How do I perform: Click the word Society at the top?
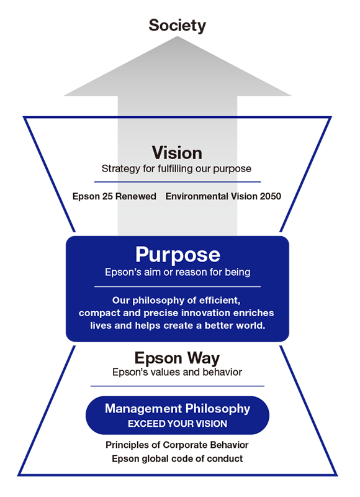pos(178,25)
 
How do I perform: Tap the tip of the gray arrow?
pos(178,37)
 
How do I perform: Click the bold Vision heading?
pos(177,153)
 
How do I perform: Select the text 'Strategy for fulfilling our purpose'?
pos(176,168)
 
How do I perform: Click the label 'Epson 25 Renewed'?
pos(114,196)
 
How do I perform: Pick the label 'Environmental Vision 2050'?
pos(223,196)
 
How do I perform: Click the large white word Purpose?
pos(178,255)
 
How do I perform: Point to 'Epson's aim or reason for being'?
pos(178,272)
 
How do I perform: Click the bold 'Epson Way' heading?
pos(177,358)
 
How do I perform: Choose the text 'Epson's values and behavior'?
pos(177,372)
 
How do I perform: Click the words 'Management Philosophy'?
pos(178,409)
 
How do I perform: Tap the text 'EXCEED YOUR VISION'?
pos(178,424)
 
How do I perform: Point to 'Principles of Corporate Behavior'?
pos(177,445)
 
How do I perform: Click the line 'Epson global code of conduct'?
pos(178,458)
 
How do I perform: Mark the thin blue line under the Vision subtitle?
pos(178,182)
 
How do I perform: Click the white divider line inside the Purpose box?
pos(178,286)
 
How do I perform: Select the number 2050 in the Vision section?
pos(271,196)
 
